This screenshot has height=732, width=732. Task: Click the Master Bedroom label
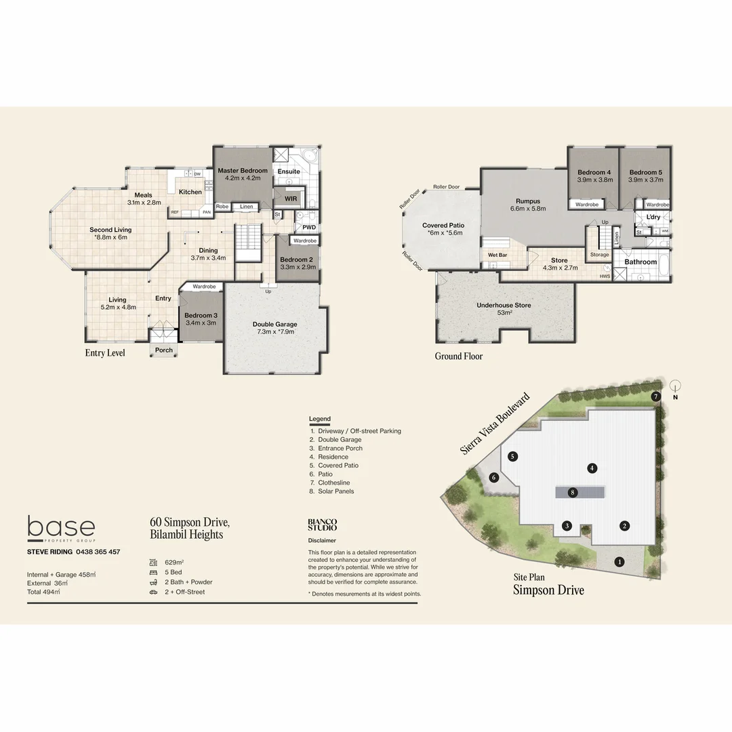(242, 171)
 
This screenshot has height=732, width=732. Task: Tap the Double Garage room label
(274, 324)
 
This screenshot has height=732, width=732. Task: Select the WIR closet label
(291, 199)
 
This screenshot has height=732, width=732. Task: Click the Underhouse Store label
(504, 306)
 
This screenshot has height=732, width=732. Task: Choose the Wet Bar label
(497, 255)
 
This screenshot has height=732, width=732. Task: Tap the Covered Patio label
(443, 225)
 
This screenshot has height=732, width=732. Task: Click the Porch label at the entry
(164, 350)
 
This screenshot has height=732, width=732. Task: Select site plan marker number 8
(573, 493)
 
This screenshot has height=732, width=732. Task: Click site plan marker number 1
(619, 561)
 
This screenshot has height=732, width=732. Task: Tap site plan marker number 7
(655, 396)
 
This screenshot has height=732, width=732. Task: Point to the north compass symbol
(674, 388)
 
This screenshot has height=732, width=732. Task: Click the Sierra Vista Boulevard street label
(495, 424)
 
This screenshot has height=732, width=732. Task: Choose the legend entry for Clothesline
(333, 483)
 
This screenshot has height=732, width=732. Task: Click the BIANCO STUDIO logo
(322, 525)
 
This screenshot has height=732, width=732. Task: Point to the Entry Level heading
(105, 353)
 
